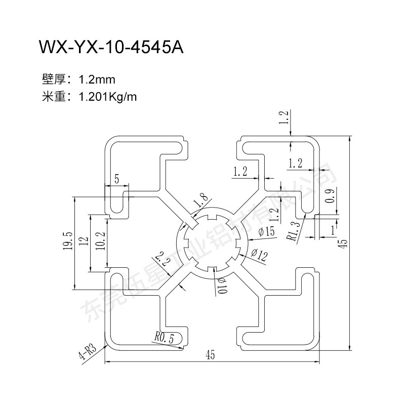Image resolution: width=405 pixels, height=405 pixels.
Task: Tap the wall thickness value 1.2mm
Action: coord(98,79)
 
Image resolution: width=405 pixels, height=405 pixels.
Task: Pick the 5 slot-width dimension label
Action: coord(117,178)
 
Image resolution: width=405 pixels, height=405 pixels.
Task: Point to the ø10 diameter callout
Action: coord(221,288)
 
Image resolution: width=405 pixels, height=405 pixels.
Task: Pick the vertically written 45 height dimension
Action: coord(343,243)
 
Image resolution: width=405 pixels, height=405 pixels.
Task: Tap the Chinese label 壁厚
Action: coord(52,79)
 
